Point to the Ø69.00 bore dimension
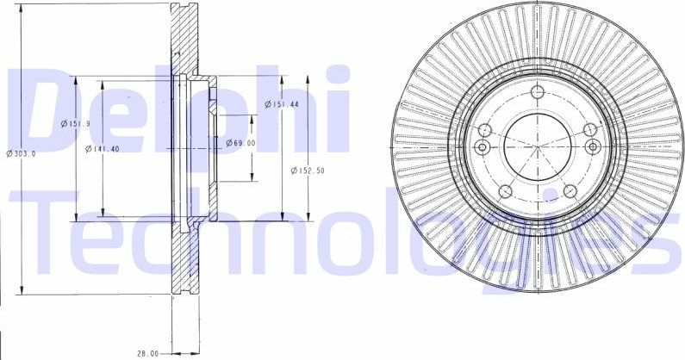click(x=241, y=143)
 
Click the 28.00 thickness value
click(x=149, y=353)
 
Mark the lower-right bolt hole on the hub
click(x=570, y=192)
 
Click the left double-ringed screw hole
click(x=483, y=148)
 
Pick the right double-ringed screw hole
click(x=592, y=148)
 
